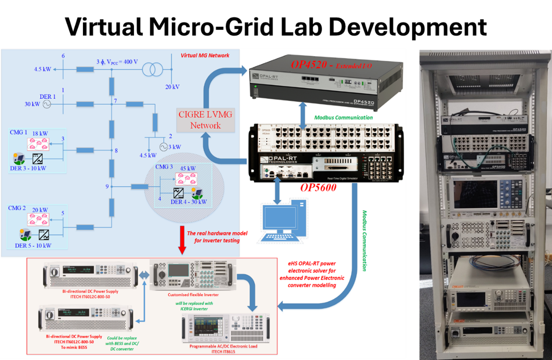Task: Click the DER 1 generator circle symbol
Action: tap(46, 104)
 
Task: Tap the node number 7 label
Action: tap(116, 100)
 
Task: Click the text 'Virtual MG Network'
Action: tap(205, 55)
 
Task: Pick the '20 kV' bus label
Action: tap(172, 87)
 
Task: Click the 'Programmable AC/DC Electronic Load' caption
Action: tap(224, 346)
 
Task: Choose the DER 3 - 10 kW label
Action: tap(28, 168)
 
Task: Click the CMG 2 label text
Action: tap(17, 208)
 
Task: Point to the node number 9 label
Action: tap(107, 186)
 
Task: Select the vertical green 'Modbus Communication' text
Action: tap(364, 241)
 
